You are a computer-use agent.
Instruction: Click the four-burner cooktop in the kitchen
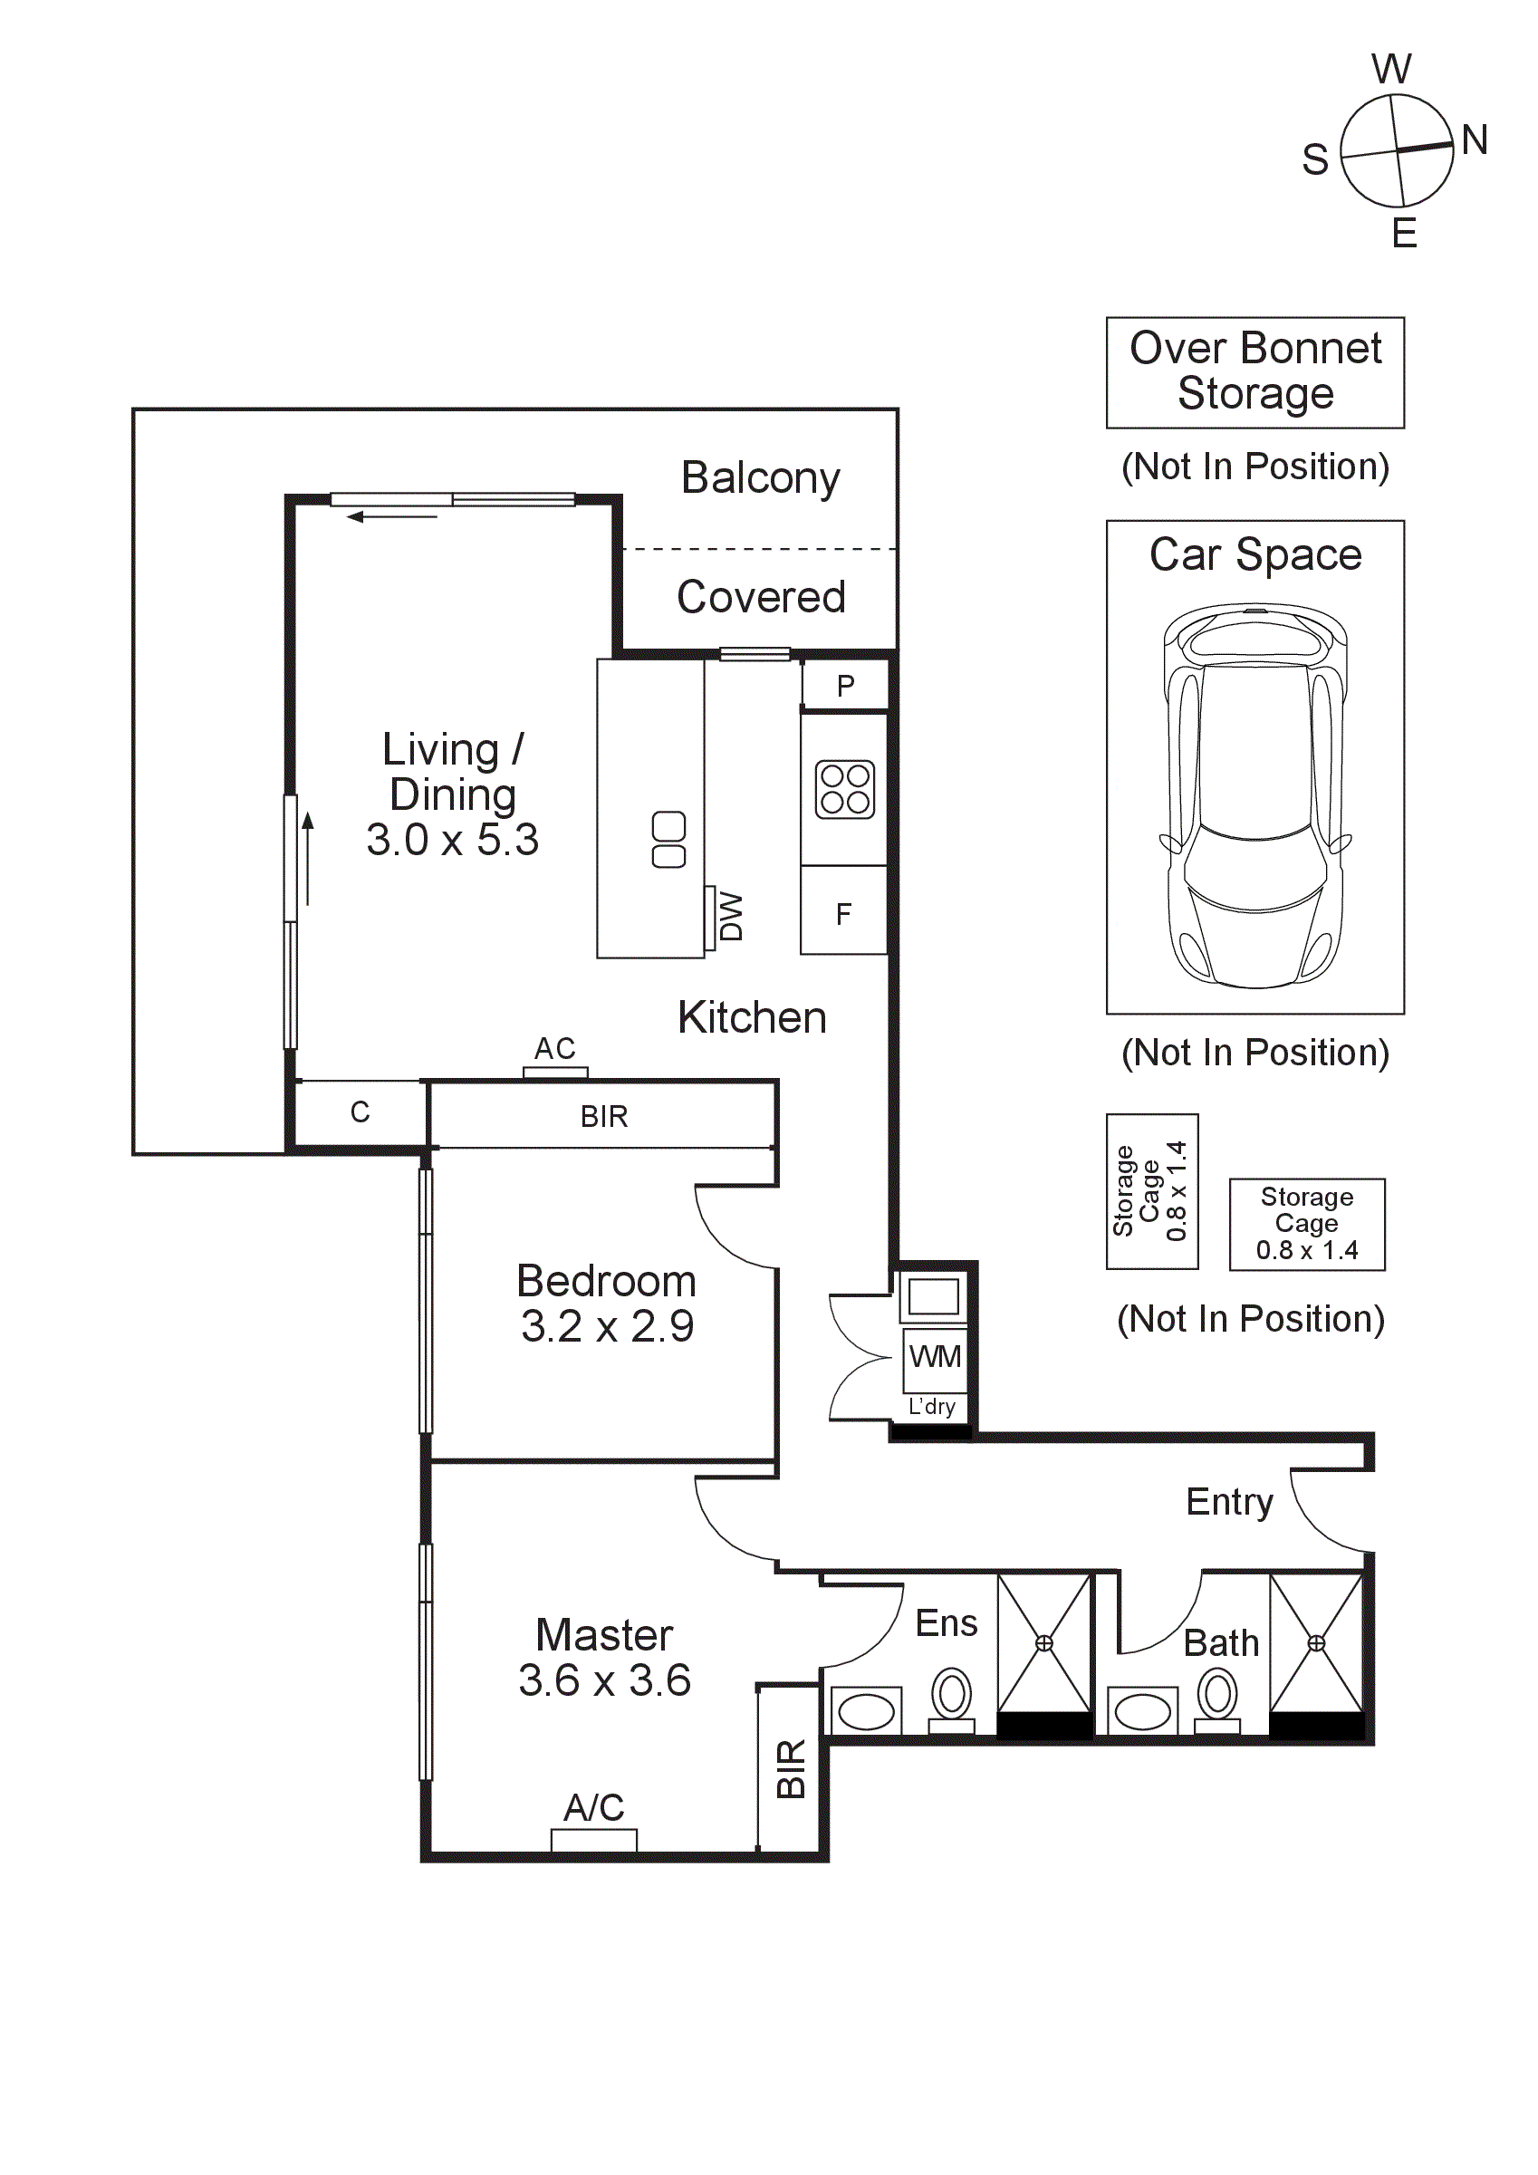coord(845,789)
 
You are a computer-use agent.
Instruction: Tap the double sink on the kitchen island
coord(668,840)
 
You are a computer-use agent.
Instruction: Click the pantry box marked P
coord(846,686)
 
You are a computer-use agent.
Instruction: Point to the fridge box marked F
coord(844,913)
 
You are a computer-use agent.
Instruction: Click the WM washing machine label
coord(935,1356)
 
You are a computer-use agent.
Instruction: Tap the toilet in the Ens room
coord(952,1698)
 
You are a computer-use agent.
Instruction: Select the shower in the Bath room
coord(1315,1642)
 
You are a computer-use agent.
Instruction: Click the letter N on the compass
coord(1475,140)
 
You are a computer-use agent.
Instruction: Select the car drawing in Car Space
coord(1254,795)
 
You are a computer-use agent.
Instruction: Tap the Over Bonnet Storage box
coord(1254,371)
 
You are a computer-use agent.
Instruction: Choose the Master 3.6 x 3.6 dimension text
coord(604,1680)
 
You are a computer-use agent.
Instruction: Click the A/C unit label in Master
coord(594,1807)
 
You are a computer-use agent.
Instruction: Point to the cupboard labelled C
coord(360,1112)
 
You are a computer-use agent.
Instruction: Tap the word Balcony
coord(761,477)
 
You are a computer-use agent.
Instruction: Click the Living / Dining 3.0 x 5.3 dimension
coord(453,840)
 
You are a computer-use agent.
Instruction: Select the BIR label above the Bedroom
coord(604,1116)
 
